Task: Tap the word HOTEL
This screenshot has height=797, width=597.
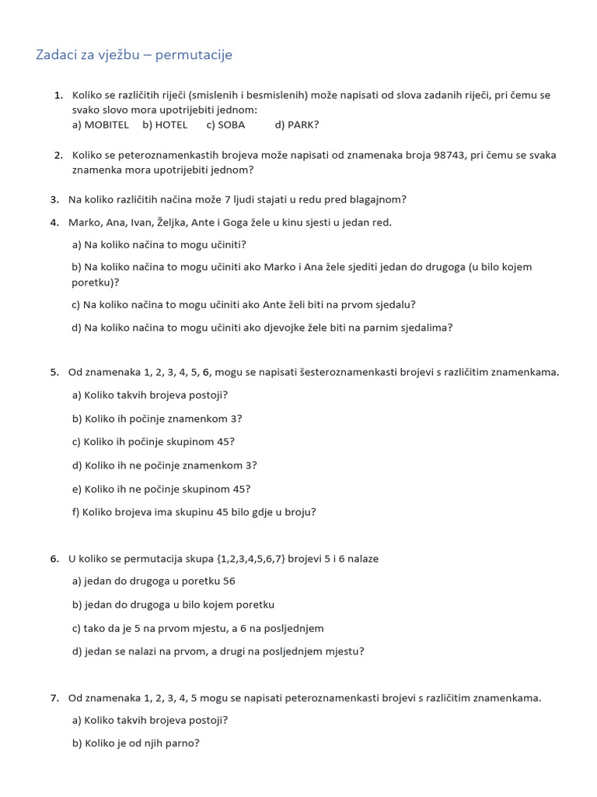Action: (x=171, y=125)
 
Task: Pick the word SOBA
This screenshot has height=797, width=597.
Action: (x=231, y=125)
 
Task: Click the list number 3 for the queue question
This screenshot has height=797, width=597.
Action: (x=54, y=199)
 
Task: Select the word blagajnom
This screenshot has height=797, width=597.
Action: (x=379, y=199)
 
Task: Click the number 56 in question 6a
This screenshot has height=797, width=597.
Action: (x=229, y=581)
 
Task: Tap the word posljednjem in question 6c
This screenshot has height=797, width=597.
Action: (x=295, y=628)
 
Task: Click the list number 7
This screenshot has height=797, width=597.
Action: (x=54, y=698)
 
